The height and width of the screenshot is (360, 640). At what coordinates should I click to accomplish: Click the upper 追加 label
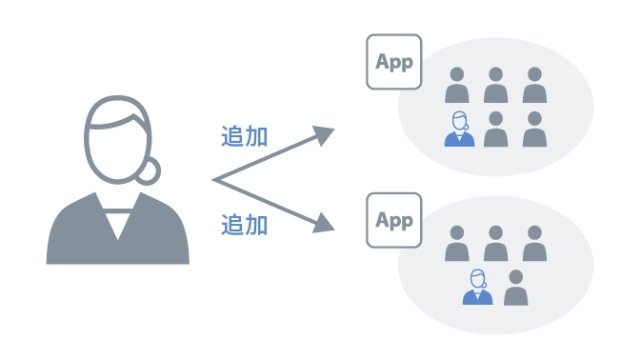pos(244,135)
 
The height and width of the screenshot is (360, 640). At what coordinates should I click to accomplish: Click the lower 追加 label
pos(244,225)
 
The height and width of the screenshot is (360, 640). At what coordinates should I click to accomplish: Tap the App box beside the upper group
pos(394,63)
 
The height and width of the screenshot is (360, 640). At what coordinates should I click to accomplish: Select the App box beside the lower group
pos(394,221)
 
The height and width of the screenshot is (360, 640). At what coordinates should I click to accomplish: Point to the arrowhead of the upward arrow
pos(327,133)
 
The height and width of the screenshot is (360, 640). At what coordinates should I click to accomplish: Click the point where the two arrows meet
pos(215,180)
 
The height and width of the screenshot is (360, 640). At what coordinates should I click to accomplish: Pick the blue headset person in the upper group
pos(459,130)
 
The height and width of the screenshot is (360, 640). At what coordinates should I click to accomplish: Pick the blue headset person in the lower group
pos(477,288)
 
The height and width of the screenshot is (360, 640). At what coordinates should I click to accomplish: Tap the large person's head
pos(116,141)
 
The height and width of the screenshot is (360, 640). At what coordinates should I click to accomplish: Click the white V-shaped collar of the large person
pos(117,220)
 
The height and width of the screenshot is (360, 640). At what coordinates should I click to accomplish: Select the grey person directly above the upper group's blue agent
pos(458,86)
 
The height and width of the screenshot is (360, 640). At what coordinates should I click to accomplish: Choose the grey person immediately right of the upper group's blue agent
pos(496,130)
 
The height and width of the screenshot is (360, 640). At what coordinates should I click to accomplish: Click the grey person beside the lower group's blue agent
pos(515,288)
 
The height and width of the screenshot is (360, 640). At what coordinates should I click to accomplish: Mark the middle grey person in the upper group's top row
pos(496,86)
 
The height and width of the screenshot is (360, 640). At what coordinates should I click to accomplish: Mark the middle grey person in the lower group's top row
pos(495,244)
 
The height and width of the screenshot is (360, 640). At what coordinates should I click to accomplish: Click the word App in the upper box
pos(394,62)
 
